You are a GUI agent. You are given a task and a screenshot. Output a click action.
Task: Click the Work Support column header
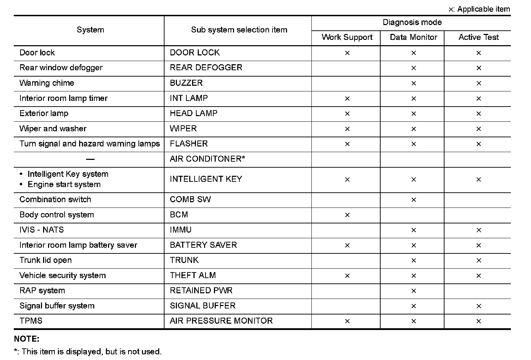pyautogui.click(x=347, y=37)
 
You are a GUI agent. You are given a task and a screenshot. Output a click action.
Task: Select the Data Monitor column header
pyautogui.click(x=413, y=37)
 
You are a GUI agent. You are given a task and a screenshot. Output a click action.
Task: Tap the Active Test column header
pyautogui.click(x=478, y=37)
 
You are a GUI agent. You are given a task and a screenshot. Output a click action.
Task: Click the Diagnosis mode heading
pyautogui.click(x=412, y=23)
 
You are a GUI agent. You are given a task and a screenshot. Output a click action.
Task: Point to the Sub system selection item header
pyautogui.click(x=239, y=30)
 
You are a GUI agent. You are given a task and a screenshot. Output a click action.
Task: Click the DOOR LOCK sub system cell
pyautogui.click(x=195, y=53)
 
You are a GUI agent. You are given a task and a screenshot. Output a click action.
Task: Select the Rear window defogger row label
pyautogui.click(x=61, y=68)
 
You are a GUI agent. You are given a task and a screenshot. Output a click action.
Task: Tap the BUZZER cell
pyautogui.click(x=186, y=83)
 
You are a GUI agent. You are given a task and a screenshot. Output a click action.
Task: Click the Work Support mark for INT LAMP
pyautogui.click(x=347, y=98)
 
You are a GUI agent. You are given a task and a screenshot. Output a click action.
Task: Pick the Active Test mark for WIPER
pyautogui.click(x=478, y=129)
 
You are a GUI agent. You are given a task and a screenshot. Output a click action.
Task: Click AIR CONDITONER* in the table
pyautogui.click(x=207, y=159)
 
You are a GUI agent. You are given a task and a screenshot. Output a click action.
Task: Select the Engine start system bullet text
pyautogui.click(x=64, y=185)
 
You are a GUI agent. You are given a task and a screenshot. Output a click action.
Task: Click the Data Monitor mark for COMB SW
pyautogui.click(x=413, y=200)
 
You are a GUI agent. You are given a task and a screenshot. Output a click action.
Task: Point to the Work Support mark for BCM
pyautogui.click(x=347, y=215)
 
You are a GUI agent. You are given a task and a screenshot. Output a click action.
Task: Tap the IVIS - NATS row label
pyautogui.click(x=42, y=230)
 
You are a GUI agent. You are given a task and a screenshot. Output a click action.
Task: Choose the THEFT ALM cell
pyautogui.click(x=193, y=275)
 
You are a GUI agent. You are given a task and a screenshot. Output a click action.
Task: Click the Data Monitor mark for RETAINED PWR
pyautogui.click(x=413, y=291)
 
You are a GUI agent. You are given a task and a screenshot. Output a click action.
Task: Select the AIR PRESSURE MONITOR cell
pyautogui.click(x=221, y=321)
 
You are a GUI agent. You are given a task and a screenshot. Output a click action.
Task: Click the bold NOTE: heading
pyautogui.click(x=26, y=339)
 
